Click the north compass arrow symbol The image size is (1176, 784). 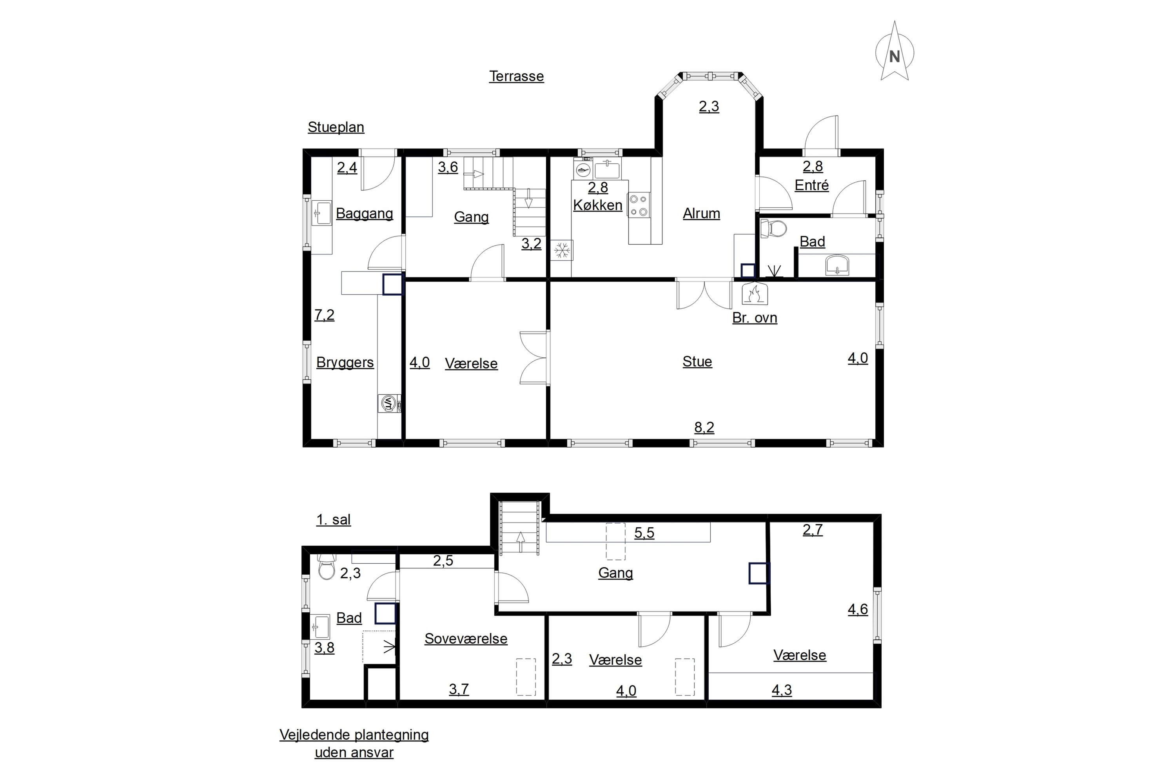point(895,51)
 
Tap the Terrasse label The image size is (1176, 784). point(517,76)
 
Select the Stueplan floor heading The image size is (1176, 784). point(336,127)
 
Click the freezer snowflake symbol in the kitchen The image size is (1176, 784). point(562,250)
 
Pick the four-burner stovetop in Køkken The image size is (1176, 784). point(639,205)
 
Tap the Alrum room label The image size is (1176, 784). point(702,214)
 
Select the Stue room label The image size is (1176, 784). point(697,361)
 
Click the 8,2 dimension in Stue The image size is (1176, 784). point(704,428)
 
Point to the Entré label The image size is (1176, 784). point(811,185)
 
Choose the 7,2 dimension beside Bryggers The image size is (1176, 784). point(324,315)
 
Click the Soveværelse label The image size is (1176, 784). point(466,639)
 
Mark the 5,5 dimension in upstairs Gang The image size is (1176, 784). point(644,533)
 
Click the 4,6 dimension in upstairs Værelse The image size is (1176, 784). point(858,610)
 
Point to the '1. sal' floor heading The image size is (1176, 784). point(334,520)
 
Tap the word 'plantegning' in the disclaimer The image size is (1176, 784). point(392,735)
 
